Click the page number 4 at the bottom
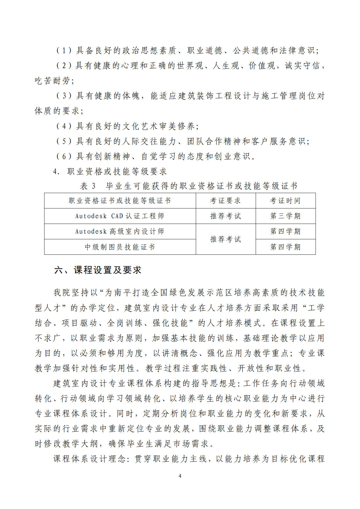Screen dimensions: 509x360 tap(180, 476)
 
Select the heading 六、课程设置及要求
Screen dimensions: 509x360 tap(98, 270)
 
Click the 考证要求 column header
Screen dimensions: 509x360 tap(225, 201)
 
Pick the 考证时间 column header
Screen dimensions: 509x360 tap(285, 201)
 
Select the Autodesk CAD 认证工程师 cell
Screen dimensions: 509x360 tap(120, 216)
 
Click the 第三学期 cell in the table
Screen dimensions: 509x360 tap(285, 216)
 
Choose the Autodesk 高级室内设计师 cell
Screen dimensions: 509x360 tap(120, 232)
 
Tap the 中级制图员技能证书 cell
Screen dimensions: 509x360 tap(120, 247)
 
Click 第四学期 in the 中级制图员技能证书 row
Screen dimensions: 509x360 tap(285, 247)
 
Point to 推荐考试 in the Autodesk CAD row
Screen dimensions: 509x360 tap(225, 216)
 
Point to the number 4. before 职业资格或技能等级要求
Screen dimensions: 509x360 tap(56, 172)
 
